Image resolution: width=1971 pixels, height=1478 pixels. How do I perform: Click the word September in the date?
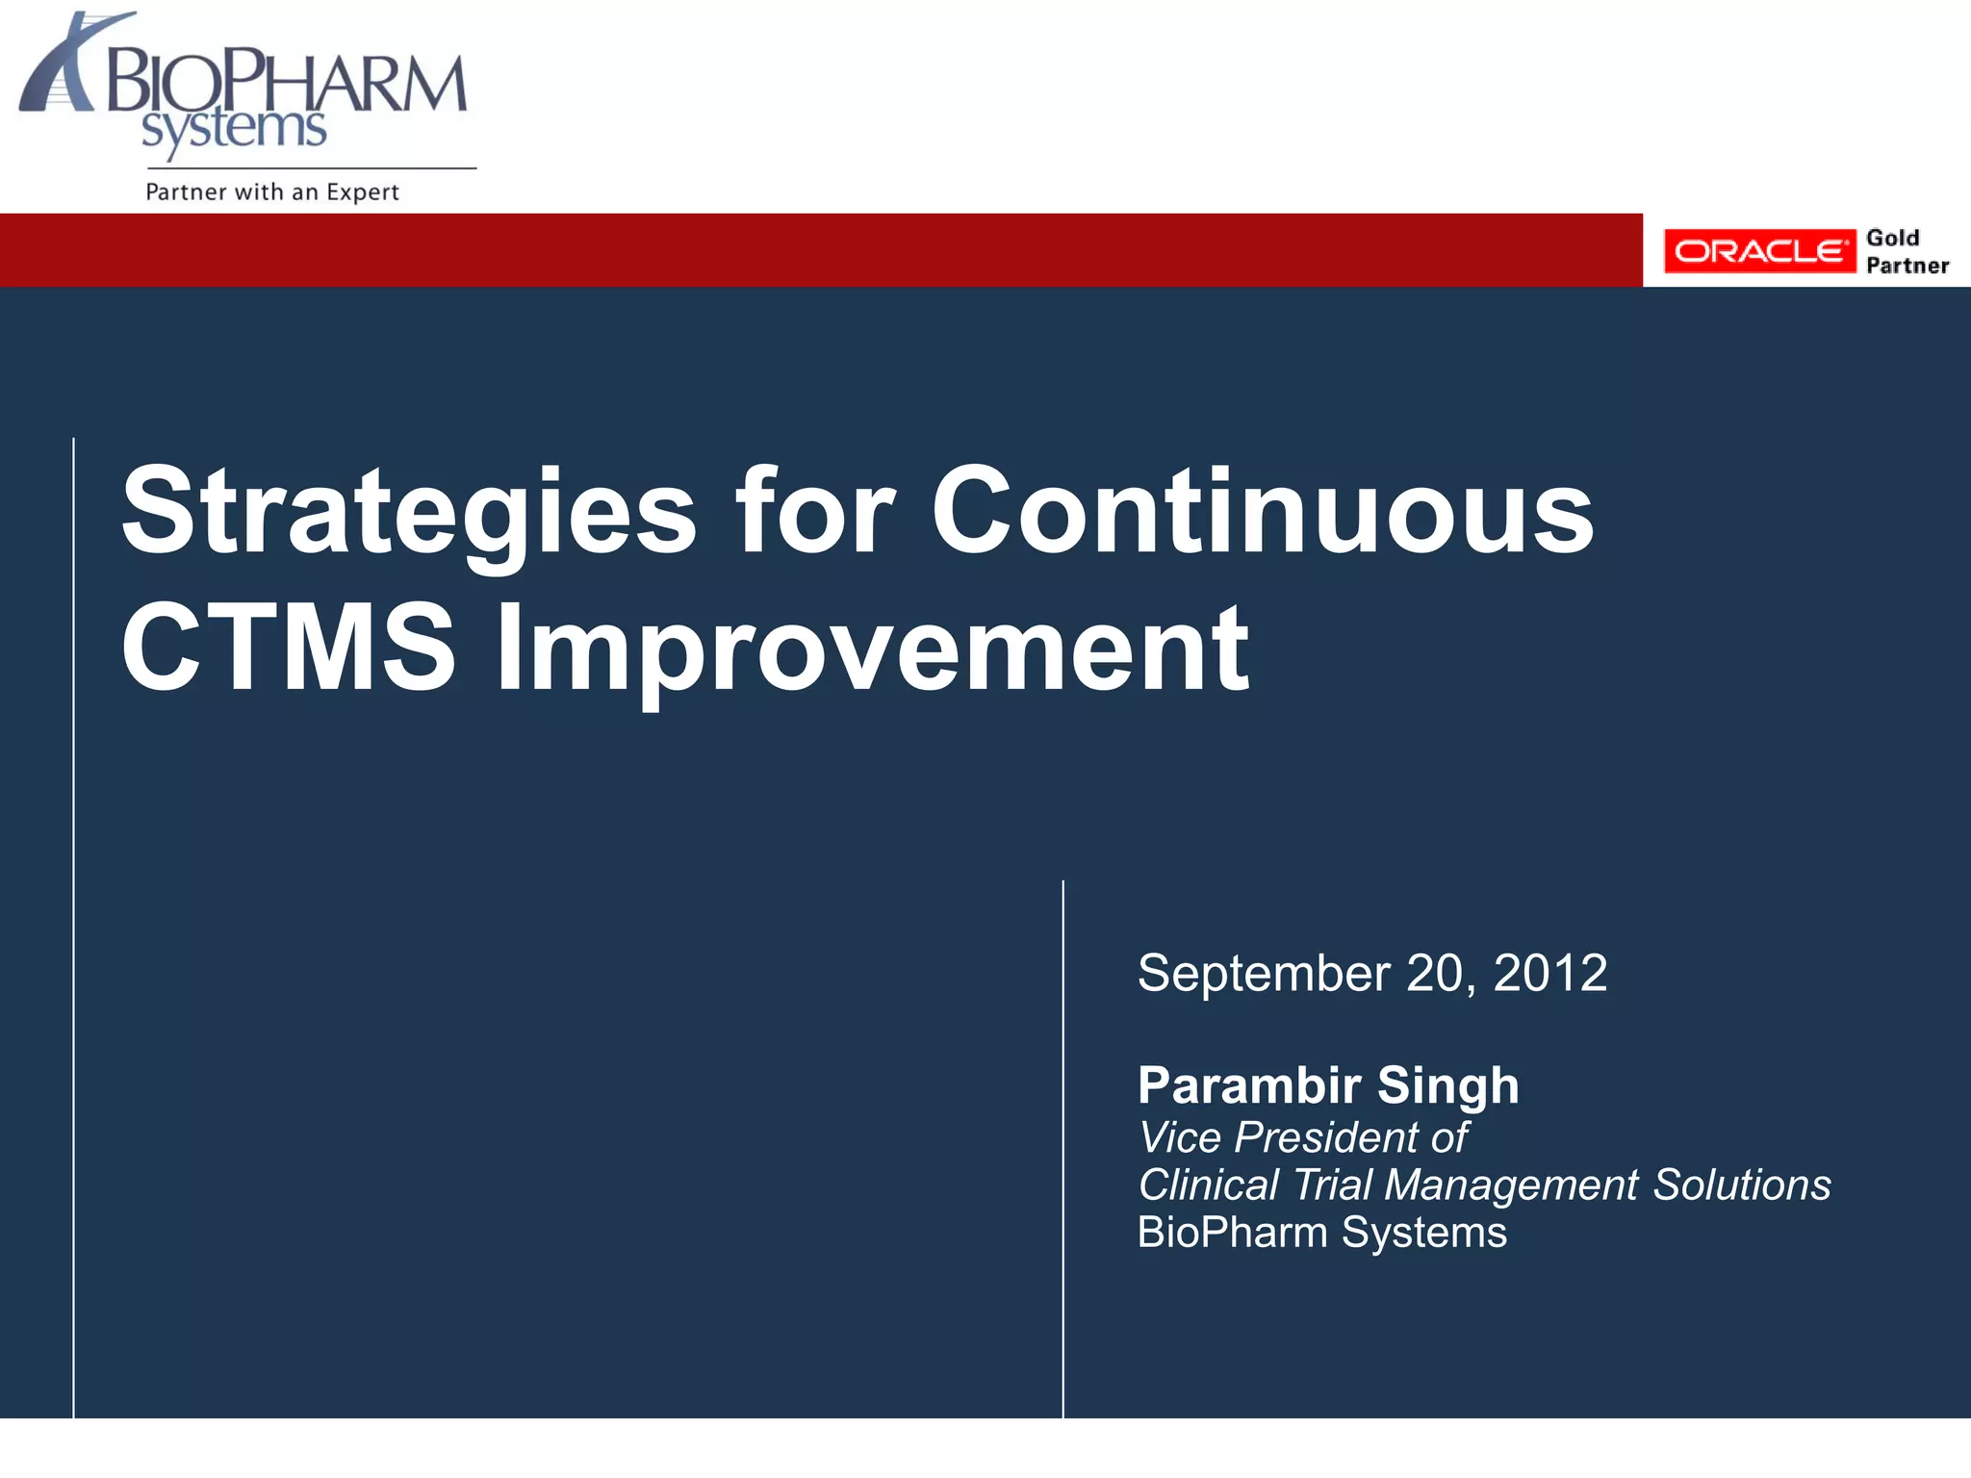(x=1264, y=974)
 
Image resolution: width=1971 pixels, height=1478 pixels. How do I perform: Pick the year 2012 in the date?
(x=1549, y=973)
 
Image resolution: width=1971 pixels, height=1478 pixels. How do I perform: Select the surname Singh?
(x=1448, y=1085)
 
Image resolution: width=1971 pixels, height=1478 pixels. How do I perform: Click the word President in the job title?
(x=1327, y=1137)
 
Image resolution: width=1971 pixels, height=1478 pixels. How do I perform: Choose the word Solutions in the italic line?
(x=1741, y=1185)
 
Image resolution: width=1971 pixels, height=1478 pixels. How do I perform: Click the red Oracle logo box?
(x=1758, y=251)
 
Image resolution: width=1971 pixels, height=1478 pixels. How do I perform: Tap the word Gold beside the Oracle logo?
(x=1892, y=238)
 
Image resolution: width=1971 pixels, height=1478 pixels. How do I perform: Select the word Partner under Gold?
(x=1907, y=266)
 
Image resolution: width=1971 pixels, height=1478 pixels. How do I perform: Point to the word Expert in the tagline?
(x=362, y=191)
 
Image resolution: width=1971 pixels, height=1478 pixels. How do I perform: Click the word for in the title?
(x=814, y=510)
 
